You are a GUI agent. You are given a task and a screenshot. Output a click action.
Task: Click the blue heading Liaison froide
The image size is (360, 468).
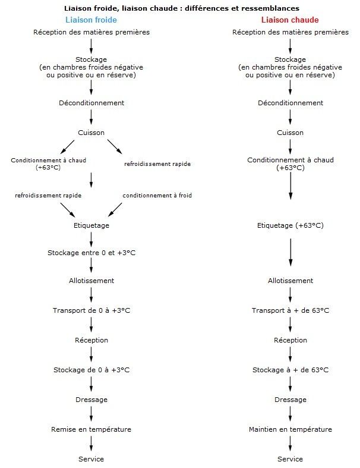pyautogui.click(x=91, y=20)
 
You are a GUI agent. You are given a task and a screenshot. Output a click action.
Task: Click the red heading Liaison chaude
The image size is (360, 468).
pyautogui.click(x=290, y=20)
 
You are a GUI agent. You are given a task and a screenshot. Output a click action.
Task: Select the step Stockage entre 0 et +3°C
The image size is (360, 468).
pyautogui.click(x=91, y=253)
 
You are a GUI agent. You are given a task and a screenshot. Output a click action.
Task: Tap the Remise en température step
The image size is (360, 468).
pyautogui.click(x=91, y=429)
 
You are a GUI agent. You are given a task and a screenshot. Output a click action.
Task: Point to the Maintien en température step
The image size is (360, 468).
pyautogui.click(x=290, y=429)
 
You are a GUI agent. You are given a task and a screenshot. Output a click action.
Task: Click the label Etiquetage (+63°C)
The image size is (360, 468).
pyautogui.click(x=290, y=225)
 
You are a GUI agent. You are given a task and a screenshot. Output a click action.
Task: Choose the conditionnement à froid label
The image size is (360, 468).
pyautogui.click(x=157, y=196)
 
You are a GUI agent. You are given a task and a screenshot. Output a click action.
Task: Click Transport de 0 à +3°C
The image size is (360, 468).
pyautogui.click(x=91, y=310)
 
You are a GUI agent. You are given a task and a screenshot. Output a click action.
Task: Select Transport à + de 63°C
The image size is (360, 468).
pyautogui.click(x=290, y=310)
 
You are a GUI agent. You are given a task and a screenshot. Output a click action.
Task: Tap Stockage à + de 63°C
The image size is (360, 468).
pyautogui.click(x=290, y=370)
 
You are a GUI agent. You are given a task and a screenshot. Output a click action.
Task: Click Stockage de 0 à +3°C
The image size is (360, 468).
pyautogui.click(x=91, y=370)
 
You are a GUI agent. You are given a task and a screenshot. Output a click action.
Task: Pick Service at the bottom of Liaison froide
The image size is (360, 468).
pyautogui.click(x=91, y=459)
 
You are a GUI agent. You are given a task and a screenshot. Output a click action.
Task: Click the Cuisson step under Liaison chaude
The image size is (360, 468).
pyautogui.click(x=290, y=133)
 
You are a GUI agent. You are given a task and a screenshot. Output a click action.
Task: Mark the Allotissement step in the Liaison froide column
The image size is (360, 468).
pyautogui.click(x=91, y=281)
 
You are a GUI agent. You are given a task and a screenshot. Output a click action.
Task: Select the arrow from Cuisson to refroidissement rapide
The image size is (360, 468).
pyautogui.click(x=115, y=146)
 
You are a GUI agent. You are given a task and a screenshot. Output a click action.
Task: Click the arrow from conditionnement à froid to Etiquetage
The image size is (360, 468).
pyautogui.click(x=115, y=209)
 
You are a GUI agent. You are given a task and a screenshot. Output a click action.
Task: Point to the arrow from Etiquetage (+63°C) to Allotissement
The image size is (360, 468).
pyautogui.click(x=290, y=252)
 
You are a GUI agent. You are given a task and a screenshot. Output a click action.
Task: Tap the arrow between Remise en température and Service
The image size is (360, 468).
pyautogui.click(x=91, y=444)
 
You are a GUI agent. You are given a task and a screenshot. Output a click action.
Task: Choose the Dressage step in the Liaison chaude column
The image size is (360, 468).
pyautogui.click(x=290, y=400)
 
